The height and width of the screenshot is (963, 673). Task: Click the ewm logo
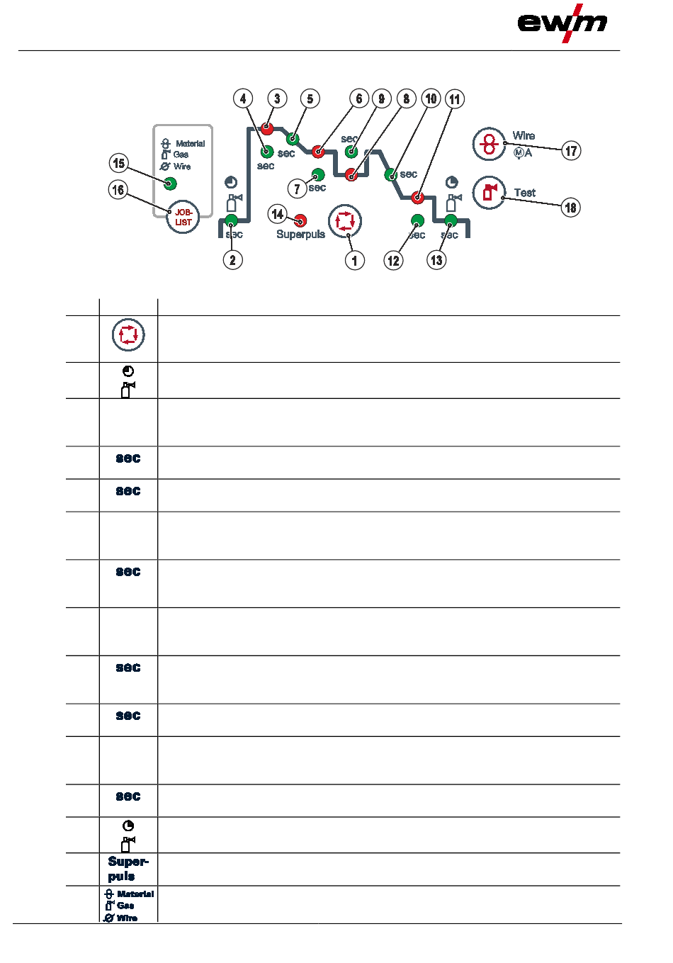pos(562,23)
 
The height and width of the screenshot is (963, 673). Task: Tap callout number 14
pos(278,214)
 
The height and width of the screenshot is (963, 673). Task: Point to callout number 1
pos(355,260)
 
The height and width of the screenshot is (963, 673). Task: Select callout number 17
pos(571,150)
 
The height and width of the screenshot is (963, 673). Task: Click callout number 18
pos(570,208)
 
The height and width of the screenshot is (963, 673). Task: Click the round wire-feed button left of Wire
pos(489,145)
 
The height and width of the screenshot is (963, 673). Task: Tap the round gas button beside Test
pos(489,192)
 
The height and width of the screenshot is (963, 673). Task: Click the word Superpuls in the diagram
pos(300,235)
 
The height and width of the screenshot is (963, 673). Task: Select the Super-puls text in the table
pos(128,869)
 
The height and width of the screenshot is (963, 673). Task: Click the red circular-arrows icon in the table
pos(128,335)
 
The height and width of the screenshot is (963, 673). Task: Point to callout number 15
pos(119,164)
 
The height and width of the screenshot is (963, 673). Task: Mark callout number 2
pos(232,260)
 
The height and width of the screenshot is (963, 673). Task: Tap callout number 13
pos(436,260)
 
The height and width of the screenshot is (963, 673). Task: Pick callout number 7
pos(298,188)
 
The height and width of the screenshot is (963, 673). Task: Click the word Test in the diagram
pos(525,193)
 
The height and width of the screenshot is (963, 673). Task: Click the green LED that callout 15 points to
pos(170,184)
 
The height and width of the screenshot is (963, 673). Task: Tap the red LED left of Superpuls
pos(300,220)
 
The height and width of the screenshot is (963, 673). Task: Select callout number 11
pos(455,99)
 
